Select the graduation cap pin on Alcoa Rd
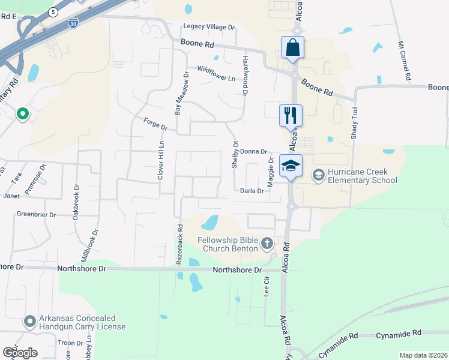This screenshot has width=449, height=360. tap(291, 166)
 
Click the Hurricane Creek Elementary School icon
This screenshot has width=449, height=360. tap(318, 175)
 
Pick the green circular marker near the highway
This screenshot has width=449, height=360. tap(22, 113)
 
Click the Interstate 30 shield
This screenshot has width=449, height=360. tap(72, 23)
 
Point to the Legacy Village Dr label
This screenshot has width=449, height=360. tap(209, 28)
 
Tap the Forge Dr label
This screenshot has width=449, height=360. tap(155, 125)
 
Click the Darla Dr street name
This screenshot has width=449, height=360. tap(252, 191)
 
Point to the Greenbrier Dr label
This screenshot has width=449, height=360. tap(36, 214)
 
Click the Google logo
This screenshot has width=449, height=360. tap(20, 353)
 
